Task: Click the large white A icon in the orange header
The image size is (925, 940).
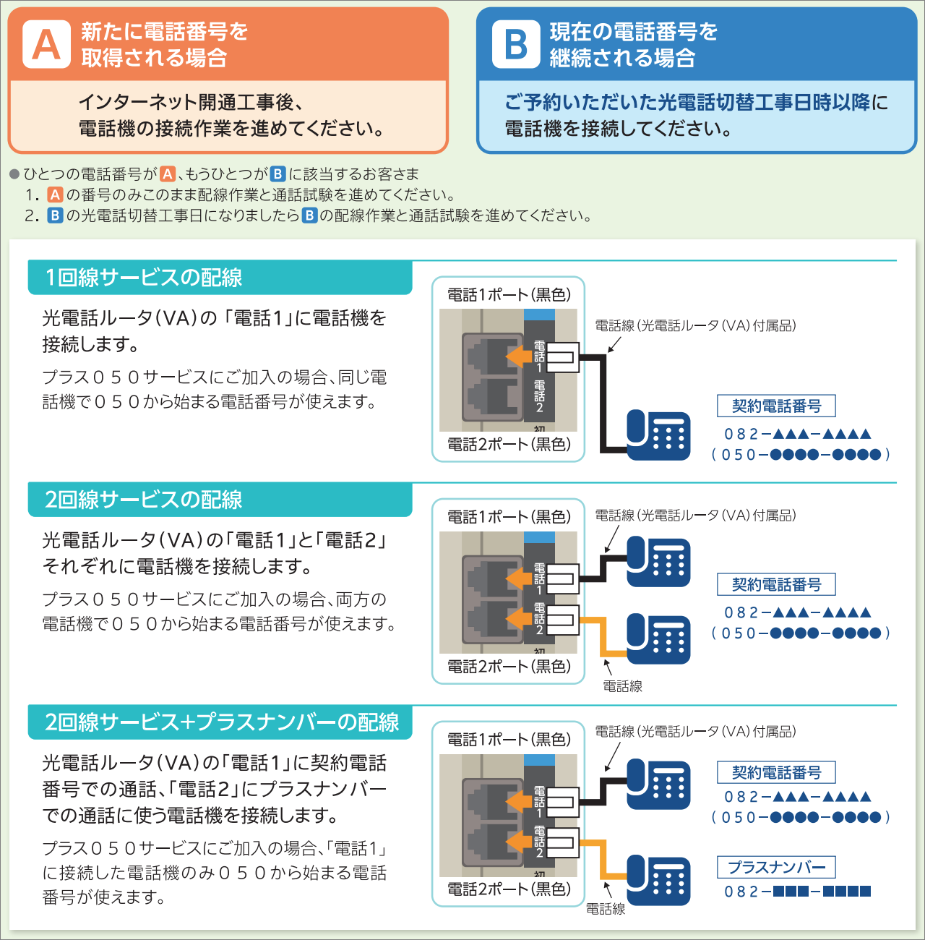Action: [46, 44]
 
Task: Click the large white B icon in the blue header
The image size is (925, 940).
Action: [515, 44]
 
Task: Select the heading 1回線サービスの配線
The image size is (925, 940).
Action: [143, 278]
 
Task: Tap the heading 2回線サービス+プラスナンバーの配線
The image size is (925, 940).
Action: [222, 722]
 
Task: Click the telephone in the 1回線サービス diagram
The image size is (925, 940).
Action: [658, 435]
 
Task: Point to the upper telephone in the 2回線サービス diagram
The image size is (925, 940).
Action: [658, 562]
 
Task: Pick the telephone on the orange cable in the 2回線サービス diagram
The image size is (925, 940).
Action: [658, 638]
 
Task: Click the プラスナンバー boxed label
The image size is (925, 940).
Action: [776, 867]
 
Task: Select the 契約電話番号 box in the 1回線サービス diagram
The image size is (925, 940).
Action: [776, 406]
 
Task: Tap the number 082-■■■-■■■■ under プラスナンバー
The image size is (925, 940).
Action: [798, 892]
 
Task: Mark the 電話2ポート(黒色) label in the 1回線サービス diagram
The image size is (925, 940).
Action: [509, 445]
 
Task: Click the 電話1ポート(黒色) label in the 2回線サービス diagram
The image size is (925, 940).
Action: [509, 517]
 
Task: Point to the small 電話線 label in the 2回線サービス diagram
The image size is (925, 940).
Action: [622, 686]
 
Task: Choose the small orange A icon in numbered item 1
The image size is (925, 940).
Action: [55, 195]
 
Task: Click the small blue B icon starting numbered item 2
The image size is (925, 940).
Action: [55, 215]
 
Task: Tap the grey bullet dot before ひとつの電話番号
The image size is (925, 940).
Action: [14, 174]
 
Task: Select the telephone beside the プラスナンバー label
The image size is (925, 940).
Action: [658, 880]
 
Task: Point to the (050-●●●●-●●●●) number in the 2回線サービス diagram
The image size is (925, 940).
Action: [800, 633]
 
